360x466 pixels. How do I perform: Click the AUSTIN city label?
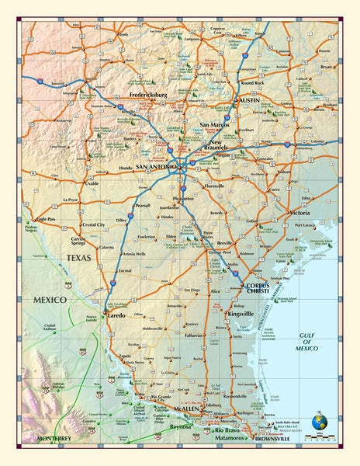tap(248, 100)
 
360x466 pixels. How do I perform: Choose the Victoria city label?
tap(300, 212)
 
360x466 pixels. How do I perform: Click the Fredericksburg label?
tap(159, 96)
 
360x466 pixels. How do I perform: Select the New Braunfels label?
tap(216, 148)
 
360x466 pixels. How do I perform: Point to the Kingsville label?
tap(237, 314)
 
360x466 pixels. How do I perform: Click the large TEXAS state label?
tap(78, 258)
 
